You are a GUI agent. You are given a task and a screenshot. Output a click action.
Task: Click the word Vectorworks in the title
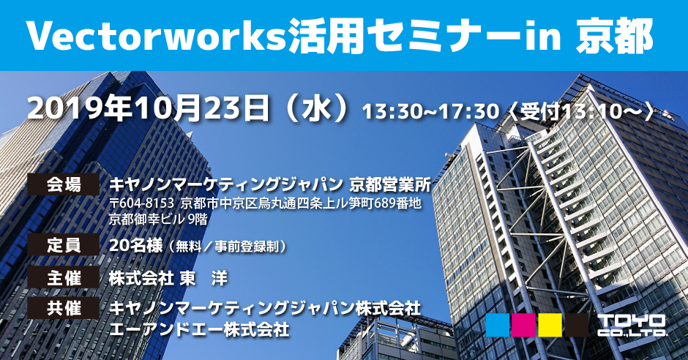pos(155,36)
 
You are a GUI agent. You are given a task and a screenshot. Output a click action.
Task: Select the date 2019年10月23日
pos(149,109)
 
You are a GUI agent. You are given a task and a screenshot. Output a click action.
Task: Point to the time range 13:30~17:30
pos(430,112)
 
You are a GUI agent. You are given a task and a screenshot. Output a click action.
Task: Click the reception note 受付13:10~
pos(581,112)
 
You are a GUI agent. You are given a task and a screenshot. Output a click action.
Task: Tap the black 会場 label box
pos(64,184)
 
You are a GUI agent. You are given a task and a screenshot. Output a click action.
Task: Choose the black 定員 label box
pos(64,244)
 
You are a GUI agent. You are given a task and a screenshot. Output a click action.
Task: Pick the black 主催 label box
pos(64,278)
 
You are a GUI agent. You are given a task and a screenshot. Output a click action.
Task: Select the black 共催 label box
pos(64,308)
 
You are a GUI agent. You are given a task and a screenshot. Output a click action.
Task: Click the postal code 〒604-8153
pos(143,203)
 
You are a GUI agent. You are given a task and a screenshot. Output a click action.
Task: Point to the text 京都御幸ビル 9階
pos(158,219)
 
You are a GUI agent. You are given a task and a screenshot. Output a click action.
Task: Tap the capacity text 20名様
pos(136,245)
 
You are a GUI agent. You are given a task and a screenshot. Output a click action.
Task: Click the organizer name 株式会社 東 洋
pos(168,278)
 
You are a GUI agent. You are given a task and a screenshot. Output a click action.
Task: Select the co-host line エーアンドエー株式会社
pos(199,329)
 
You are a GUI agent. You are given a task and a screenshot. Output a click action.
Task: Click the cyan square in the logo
pos(498,325)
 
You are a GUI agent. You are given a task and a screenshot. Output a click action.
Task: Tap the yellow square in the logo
pos(550,325)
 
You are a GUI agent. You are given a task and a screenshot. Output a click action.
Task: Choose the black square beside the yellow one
pos(577,325)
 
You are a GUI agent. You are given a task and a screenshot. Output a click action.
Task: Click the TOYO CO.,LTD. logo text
pos(632,326)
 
